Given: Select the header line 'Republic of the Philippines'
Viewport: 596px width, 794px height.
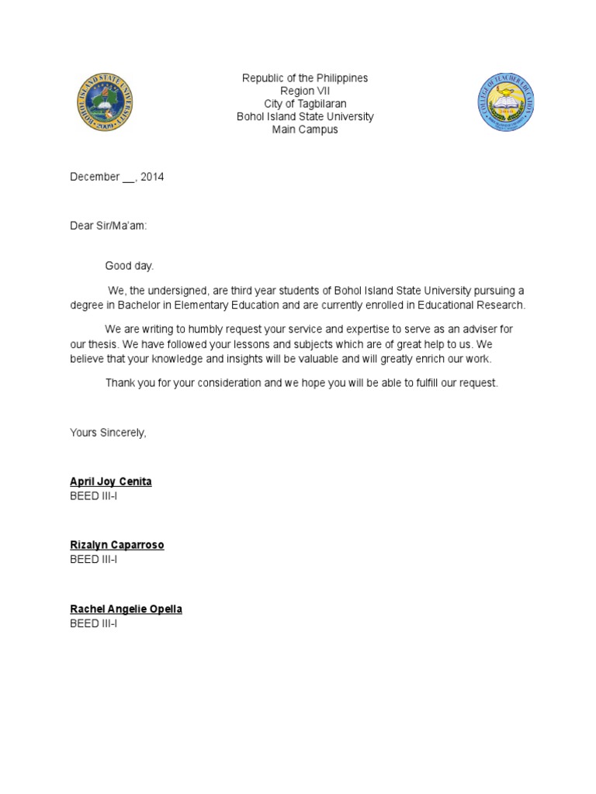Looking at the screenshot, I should (305, 78).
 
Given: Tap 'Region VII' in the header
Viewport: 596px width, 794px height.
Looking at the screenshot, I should (305, 91).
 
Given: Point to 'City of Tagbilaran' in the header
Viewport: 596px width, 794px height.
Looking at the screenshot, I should (305, 104).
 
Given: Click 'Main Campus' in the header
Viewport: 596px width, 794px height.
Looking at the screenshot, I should (305, 129).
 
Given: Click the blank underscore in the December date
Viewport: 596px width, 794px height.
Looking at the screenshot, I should (128, 178).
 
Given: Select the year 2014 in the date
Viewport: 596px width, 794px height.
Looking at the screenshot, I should (152, 177).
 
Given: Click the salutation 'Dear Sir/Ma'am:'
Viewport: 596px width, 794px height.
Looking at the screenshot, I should (108, 225).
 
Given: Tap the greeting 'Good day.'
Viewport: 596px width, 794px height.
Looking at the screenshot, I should (130, 266).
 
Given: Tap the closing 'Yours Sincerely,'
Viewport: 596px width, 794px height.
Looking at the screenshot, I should (108, 433).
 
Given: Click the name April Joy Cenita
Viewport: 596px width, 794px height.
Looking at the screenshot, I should (111, 482).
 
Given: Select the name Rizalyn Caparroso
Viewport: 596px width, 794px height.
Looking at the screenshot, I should (117, 545).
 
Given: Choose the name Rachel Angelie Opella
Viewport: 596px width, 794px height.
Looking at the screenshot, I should (126, 609).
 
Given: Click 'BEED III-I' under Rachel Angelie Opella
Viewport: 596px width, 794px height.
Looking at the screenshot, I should (93, 623).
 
